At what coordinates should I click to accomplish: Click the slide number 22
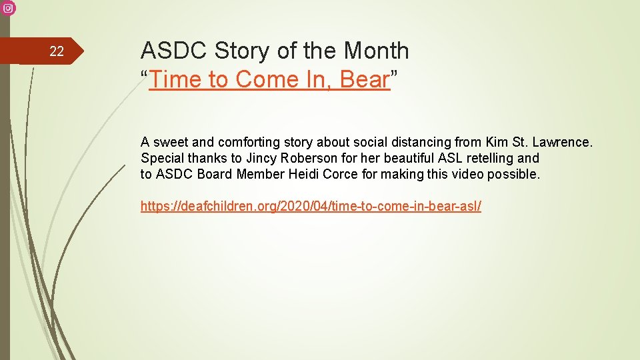(57, 52)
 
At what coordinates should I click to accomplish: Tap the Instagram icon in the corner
(7, 7)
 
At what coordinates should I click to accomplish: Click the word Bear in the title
(364, 80)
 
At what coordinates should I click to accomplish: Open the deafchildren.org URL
(311, 206)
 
